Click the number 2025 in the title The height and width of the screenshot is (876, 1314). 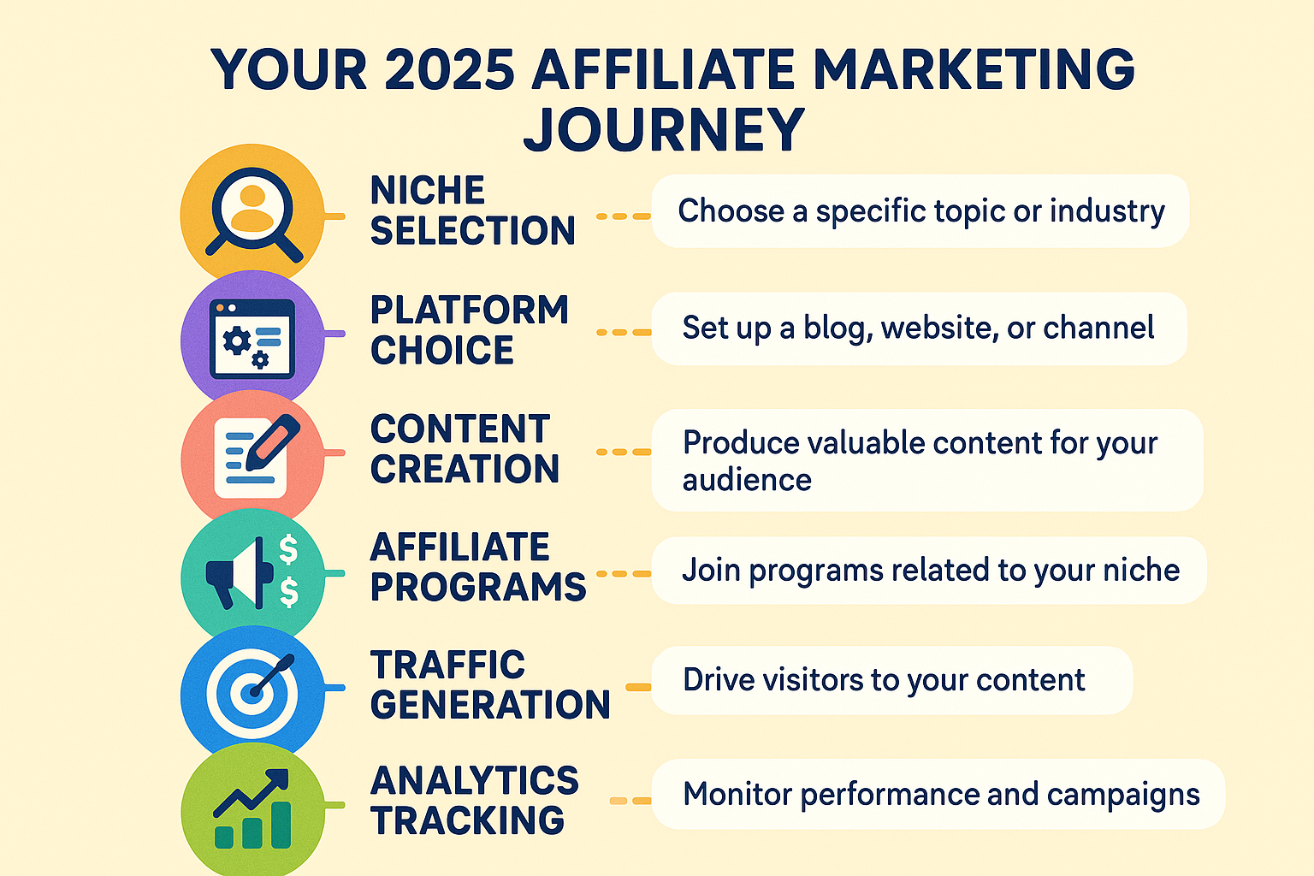point(449,69)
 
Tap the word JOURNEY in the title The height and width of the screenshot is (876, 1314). point(664,130)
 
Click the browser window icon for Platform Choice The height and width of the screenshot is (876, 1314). point(252,339)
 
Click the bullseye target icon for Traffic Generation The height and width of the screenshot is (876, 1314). point(252,693)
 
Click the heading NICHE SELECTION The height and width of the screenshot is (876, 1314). point(472,210)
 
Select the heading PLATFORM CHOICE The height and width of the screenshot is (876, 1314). point(469,330)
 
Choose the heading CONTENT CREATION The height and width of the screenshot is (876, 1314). point(465,449)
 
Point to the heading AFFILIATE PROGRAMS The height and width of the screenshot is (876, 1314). point(477,567)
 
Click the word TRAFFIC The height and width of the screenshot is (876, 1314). point(447,666)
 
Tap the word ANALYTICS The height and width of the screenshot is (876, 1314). point(475,781)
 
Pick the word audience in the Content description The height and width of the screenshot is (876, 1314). point(747,480)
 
